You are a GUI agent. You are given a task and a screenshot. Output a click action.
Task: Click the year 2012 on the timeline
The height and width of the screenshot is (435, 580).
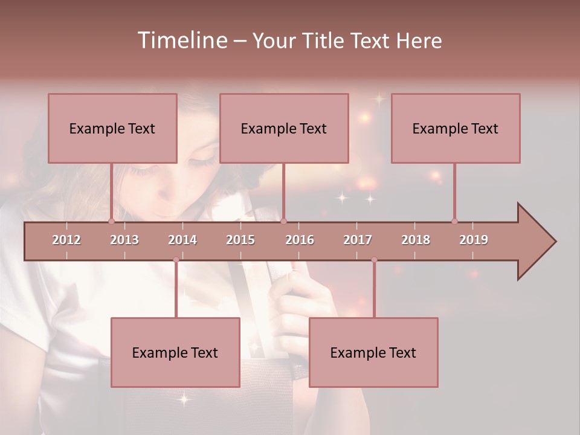click(x=66, y=240)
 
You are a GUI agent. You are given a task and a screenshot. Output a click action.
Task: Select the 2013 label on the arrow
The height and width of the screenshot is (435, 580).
click(x=124, y=240)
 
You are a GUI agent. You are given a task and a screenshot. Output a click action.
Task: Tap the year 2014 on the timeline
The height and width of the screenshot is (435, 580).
click(x=182, y=240)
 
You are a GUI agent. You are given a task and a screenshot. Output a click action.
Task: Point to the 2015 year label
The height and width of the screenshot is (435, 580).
click(x=240, y=240)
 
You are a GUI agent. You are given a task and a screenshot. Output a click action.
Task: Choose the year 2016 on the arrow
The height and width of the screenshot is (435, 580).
click(x=300, y=240)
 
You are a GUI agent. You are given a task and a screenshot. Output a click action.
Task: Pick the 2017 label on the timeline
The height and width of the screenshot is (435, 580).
click(x=358, y=240)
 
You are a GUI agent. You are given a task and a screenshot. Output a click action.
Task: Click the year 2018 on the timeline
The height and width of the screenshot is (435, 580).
click(x=416, y=240)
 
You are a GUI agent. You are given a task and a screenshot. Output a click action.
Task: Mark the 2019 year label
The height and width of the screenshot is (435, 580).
click(x=474, y=240)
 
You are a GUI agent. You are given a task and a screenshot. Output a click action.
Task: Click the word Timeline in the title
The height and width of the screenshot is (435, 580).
click(x=181, y=40)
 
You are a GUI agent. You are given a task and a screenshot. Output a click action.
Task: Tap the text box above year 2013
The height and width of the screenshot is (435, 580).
click(x=112, y=128)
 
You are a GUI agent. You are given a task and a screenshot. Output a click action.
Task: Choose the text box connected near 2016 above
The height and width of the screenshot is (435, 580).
click(x=284, y=128)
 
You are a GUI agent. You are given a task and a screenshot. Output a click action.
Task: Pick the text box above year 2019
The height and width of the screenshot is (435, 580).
click(x=456, y=128)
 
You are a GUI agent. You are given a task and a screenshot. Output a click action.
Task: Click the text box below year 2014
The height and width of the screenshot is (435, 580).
click(x=175, y=352)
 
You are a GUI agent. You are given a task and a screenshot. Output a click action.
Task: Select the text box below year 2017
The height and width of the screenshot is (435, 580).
click(x=373, y=352)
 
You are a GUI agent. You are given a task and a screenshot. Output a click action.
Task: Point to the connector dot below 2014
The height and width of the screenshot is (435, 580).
click(x=176, y=260)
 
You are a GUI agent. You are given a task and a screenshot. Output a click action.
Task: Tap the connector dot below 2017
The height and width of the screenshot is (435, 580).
click(x=374, y=260)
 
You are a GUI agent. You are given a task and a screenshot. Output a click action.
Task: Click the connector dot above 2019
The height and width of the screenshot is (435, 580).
click(x=454, y=221)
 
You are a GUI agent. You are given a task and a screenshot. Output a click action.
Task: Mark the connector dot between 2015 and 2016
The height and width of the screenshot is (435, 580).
click(x=283, y=221)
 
